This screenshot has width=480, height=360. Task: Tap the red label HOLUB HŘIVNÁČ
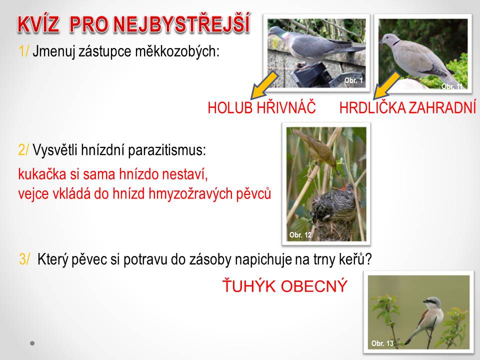[x=261, y=108]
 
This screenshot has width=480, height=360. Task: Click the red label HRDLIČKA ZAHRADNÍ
[x=408, y=108]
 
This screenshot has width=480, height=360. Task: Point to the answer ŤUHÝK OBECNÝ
[x=285, y=285]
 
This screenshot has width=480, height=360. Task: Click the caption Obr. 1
[x=353, y=80]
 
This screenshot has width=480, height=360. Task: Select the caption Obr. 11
[x=452, y=86]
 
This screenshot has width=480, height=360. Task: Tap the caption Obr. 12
[x=300, y=235]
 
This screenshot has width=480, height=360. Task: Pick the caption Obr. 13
[x=382, y=343]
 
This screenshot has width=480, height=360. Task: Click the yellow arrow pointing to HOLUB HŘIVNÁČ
[x=264, y=85]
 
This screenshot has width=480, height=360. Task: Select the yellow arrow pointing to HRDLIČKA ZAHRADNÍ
[x=386, y=85]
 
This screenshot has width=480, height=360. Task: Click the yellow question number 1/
[x=23, y=51]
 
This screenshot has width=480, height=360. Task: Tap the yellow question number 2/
[x=23, y=150]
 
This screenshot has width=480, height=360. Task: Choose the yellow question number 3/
[x=24, y=259]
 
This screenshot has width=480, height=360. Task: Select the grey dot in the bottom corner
[x=32, y=343]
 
